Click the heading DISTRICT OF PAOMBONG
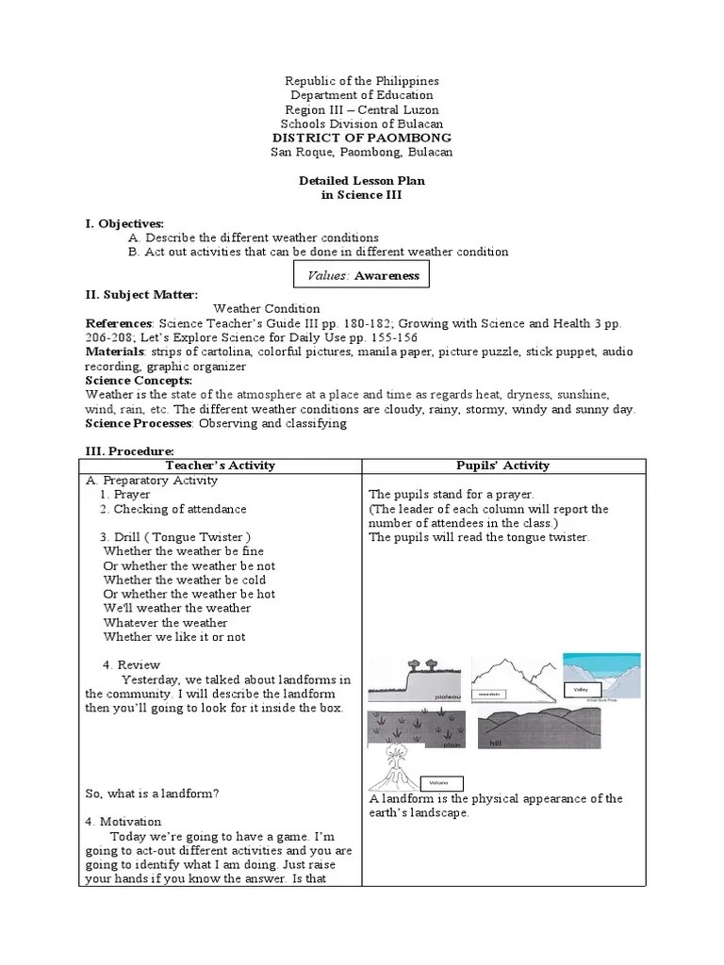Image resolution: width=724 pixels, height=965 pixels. (x=362, y=138)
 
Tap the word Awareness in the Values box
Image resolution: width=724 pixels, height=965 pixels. (x=387, y=275)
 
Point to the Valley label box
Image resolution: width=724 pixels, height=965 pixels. (x=581, y=690)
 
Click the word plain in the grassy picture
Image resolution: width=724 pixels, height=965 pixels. (x=452, y=744)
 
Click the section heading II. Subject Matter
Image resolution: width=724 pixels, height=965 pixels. (x=141, y=295)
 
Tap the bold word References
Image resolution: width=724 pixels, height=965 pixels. (x=119, y=323)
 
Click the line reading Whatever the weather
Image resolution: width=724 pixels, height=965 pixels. (x=165, y=622)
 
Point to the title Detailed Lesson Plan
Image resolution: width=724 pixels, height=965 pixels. (x=362, y=180)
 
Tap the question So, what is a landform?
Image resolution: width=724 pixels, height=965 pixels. (x=151, y=793)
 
